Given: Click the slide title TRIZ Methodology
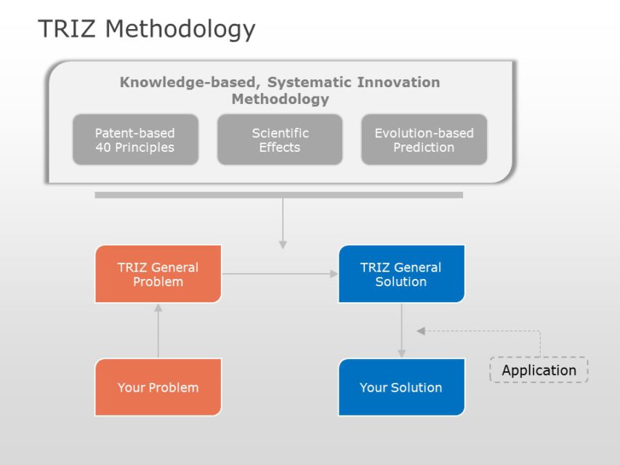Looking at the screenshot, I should pyautogui.click(x=146, y=29).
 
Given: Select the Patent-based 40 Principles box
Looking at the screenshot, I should pyautogui.click(x=135, y=139).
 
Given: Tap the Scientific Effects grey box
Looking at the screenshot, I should pyautogui.click(x=280, y=139).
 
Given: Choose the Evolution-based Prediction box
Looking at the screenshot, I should pyautogui.click(x=424, y=139).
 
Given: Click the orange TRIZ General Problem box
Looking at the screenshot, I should pyautogui.click(x=158, y=274).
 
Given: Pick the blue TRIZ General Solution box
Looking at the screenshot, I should pyautogui.click(x=400, y=274).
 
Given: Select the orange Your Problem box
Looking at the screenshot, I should pyautogui.click(x=158, y=387).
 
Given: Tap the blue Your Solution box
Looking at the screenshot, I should pyautogui.click(x=400, y=387).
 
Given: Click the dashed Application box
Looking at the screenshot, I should pyautogui.click(x=539, y=370).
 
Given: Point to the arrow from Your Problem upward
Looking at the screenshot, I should pyautogui.click(x=158, y=331).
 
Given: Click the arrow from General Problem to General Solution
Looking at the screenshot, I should pyautogui.click(x=280, y=274).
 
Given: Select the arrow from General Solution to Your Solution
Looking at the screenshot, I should pyautogui.click(x=400, y=331).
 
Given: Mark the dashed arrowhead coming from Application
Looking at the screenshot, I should pyautogui.click(x=421, y=331).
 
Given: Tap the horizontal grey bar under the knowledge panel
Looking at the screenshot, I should pyautogui.click(x=278, y=195).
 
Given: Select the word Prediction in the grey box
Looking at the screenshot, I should pyautogui.click(x=424, y=147).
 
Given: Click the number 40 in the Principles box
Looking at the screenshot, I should pyautogui.click(x=104, y=147).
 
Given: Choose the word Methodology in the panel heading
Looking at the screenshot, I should pyautogui.click(x=280, y=100).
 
